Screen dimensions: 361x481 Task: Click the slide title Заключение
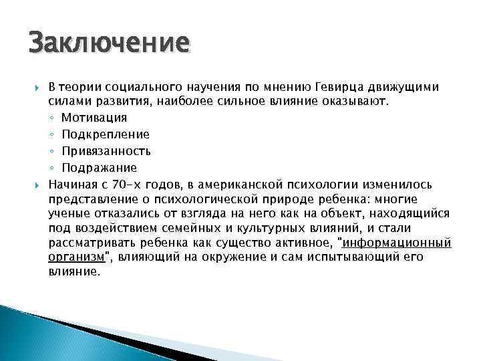[x=109, y=43]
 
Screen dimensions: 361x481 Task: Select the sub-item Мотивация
[x=94, y=118]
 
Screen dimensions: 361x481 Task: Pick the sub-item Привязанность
[x=106, y=151]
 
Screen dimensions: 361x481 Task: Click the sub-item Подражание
[x=99, y=168]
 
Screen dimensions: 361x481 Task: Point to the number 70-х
[x=123, y=184]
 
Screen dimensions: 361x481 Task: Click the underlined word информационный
[x=397, y=242]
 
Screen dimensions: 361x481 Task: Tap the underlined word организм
[x=76, y=257]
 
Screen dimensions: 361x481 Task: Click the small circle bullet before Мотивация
[x=52, y=118]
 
